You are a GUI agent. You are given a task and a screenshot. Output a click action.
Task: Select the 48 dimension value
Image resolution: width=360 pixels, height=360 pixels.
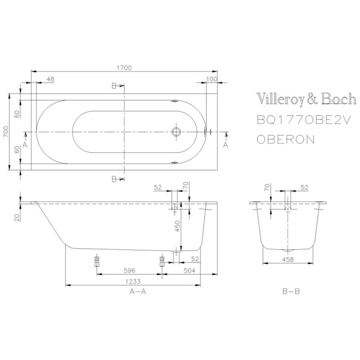(x=50, y=79)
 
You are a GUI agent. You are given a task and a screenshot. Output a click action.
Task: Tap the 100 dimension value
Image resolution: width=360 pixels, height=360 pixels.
(x=211, y=79)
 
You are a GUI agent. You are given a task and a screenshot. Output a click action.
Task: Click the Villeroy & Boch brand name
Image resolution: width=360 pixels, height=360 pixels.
(x=306, y=99)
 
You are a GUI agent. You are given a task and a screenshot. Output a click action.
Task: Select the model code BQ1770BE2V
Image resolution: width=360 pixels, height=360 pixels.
(x=303, y=120)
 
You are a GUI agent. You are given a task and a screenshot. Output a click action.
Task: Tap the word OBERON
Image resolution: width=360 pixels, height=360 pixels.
(x=285, y=140)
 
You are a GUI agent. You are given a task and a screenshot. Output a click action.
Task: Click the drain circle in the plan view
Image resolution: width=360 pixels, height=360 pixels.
(x=176, y=132)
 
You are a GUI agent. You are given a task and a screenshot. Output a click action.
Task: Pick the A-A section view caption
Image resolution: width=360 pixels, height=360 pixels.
(x=137, y=291)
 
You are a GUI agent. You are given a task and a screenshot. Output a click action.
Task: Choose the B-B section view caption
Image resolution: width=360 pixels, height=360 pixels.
(x=291, y=291)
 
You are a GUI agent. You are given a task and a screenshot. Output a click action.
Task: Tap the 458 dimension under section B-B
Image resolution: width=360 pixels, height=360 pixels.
(x=289, y=259)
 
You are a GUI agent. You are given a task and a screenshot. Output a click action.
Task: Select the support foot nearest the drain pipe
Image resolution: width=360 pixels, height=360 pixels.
(x=161, y=261)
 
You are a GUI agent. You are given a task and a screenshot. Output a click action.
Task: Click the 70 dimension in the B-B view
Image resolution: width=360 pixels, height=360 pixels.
(x=267, y=188)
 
